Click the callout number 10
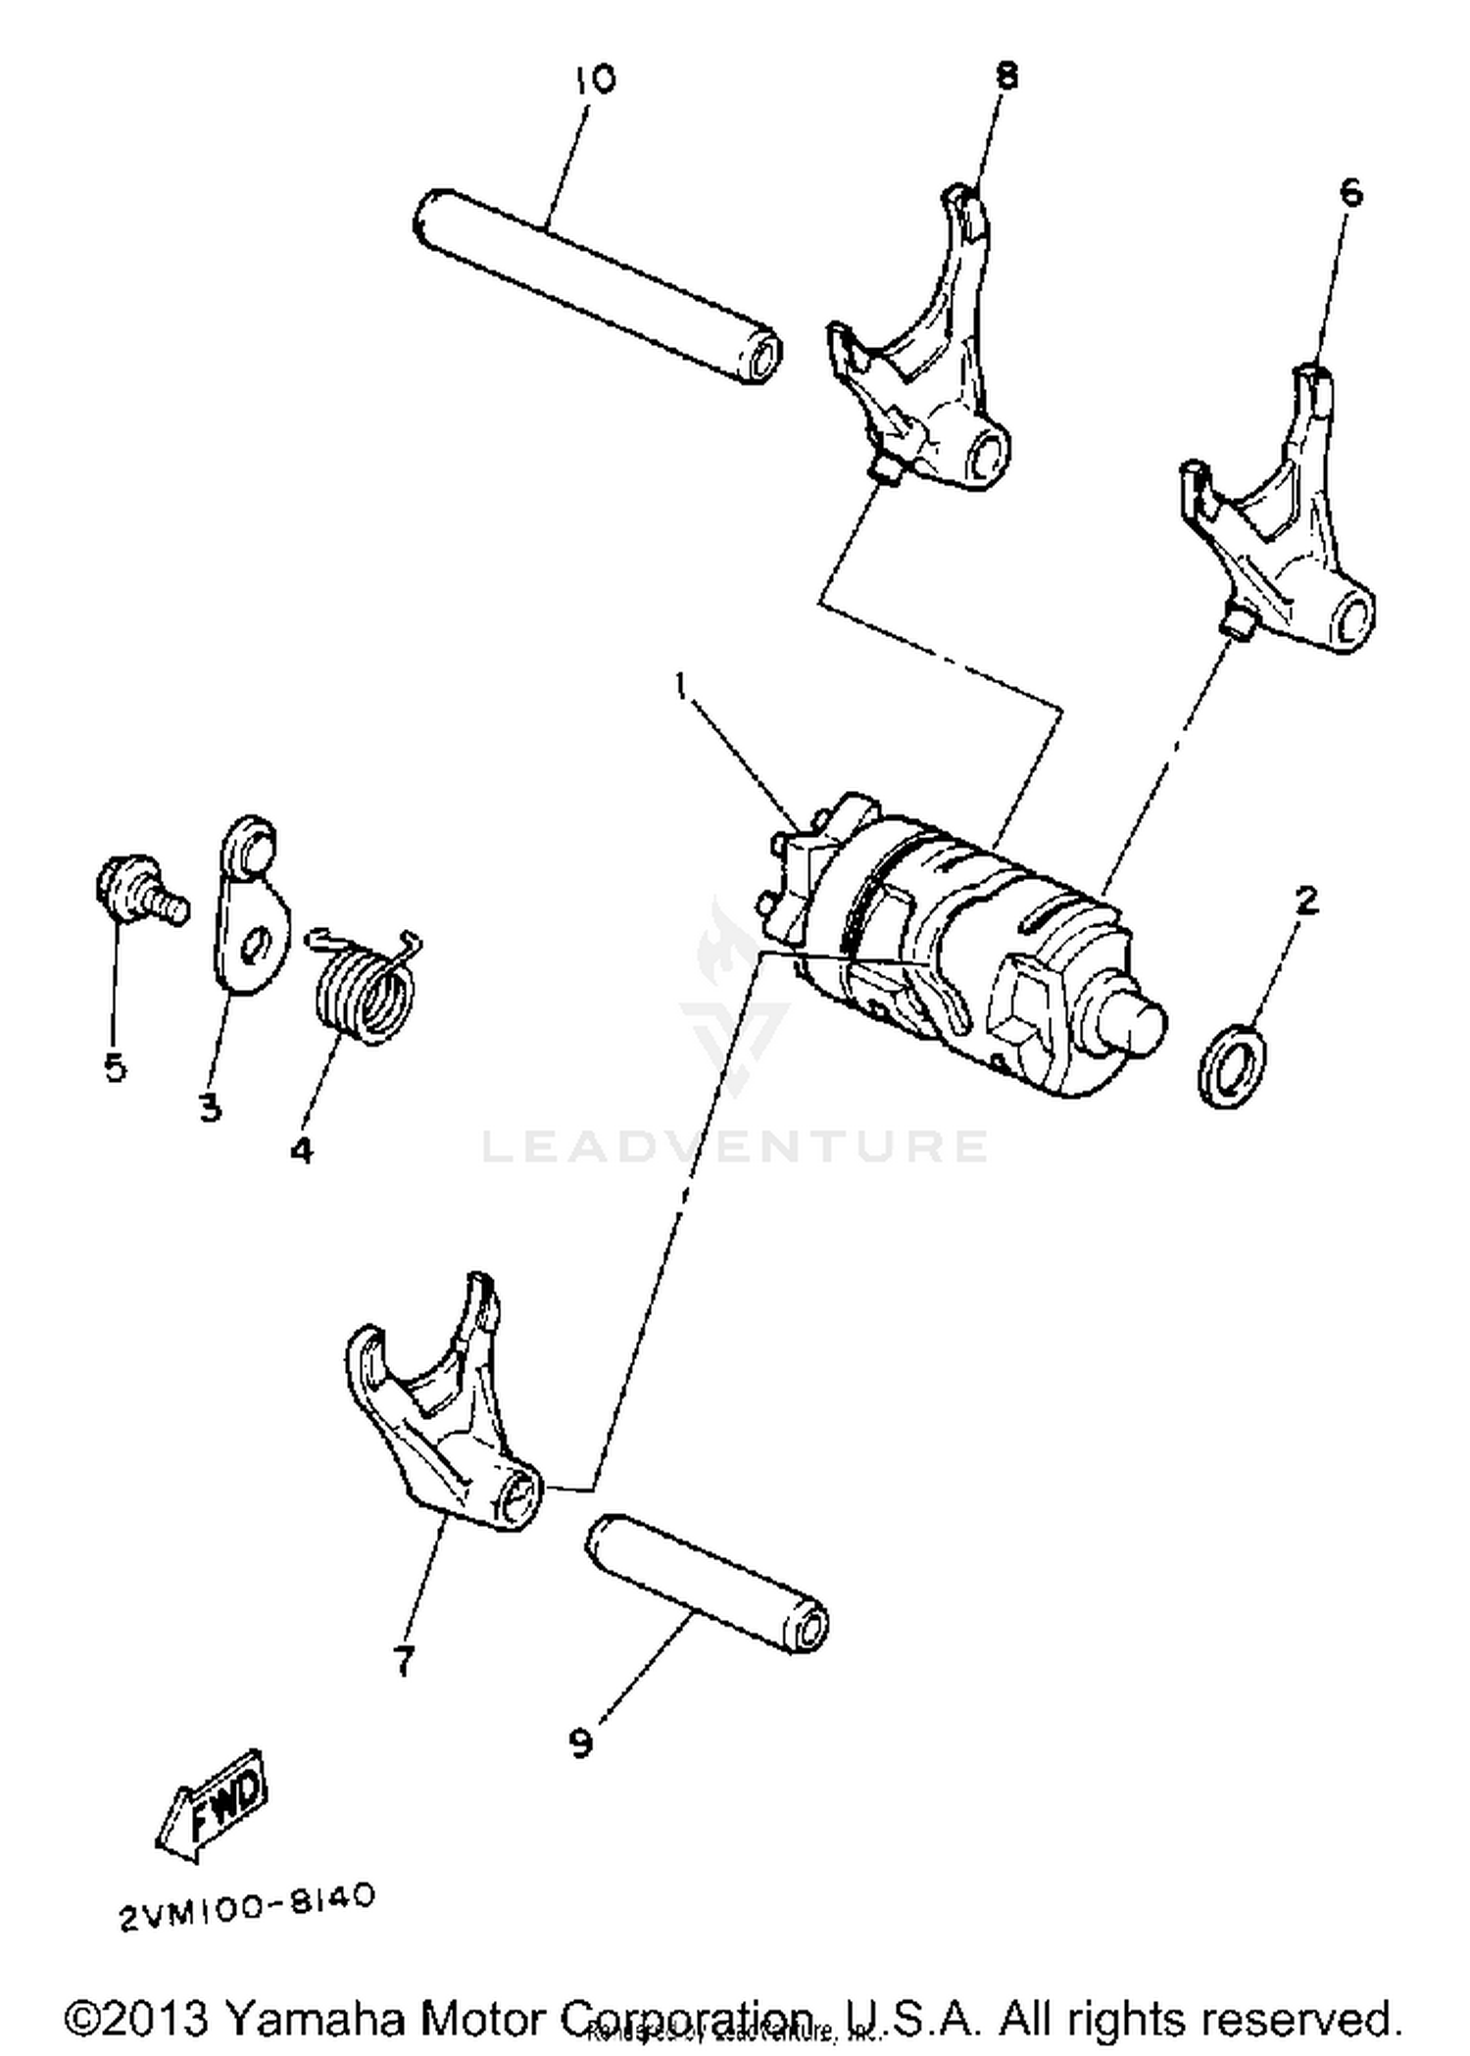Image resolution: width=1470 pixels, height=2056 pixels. (x=595, y=79)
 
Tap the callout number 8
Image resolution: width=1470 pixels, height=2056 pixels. (x=1006, y=75)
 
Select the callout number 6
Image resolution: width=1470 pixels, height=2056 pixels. (x=1350, y=193)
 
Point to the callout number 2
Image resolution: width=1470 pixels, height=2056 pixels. (x=1306, y=900)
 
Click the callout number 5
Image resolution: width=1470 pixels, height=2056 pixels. (x=115, y=1066)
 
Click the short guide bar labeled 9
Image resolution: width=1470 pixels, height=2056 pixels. (x=706, y=1582)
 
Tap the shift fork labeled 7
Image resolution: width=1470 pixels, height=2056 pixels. (x=441, y=1411)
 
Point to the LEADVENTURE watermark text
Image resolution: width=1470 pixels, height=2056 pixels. (x=735, y=1146)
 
